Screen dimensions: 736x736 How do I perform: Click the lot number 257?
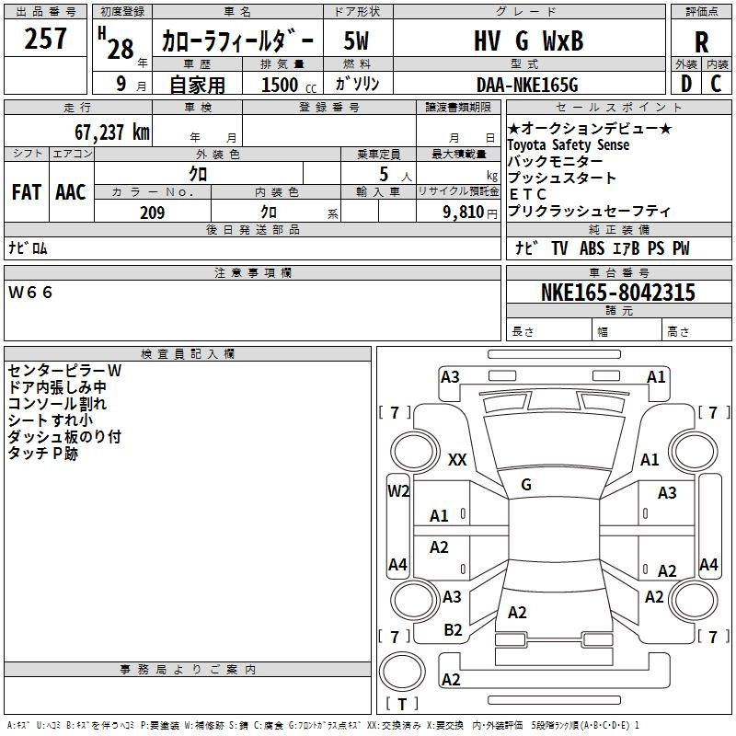45,38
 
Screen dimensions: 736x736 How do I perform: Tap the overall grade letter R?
701,41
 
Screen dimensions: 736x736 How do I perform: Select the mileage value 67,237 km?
112,132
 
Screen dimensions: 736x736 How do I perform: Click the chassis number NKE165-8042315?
617,292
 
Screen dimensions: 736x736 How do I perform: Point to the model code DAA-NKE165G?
527,85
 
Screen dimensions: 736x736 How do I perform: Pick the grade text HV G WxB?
528,40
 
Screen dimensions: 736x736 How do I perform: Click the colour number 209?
152,213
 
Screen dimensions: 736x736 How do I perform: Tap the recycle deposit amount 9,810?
464,212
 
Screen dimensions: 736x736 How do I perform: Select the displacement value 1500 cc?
289,85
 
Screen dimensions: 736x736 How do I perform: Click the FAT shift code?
27,192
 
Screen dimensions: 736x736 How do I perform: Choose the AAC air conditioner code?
71,192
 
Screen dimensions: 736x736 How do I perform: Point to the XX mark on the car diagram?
457,459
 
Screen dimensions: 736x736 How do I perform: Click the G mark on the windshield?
526,485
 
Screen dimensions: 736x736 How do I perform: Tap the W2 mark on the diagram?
398,491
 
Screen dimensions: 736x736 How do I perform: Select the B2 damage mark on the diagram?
453,630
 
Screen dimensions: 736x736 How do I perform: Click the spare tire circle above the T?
402,672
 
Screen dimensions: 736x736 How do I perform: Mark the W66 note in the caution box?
30,293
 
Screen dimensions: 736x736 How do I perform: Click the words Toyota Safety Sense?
568,144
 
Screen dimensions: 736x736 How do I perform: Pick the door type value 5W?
356,40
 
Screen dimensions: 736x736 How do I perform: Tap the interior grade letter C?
716,84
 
